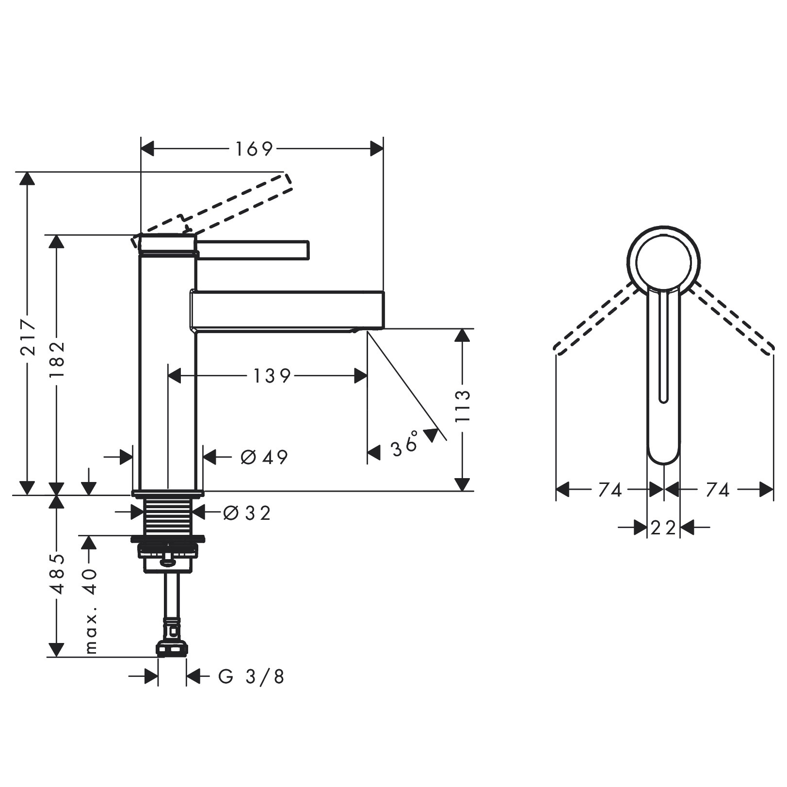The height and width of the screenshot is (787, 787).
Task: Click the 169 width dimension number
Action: pos(254,149)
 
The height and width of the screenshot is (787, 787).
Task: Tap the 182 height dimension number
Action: pos(57,360)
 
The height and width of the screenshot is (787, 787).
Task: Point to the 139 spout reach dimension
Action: pos(272,376)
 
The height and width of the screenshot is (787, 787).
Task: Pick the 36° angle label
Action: pos(405,444)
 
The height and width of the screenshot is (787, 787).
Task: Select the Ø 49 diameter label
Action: pos(264,457)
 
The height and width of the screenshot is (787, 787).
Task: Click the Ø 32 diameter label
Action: pos(247,513)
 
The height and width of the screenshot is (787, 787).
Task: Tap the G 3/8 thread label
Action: pos(251,676)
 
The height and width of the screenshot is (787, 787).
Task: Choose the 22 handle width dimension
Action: pos(663,528)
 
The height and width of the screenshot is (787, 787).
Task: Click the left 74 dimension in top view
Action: pos(610,490)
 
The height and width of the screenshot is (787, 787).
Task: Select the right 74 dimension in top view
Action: pos(717,490)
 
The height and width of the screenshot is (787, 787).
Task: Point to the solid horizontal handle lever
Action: pos(252,250)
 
